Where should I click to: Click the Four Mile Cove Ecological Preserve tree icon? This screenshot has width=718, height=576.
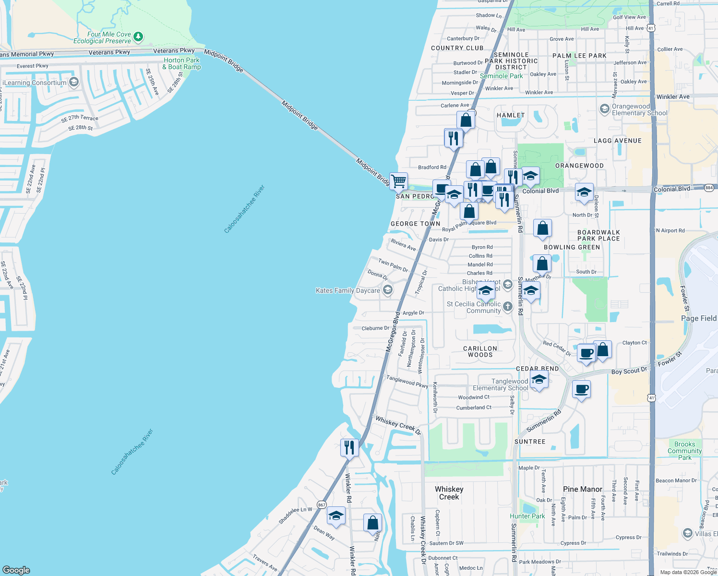pos(138,36)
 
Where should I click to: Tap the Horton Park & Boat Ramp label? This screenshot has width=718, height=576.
pos(181,63)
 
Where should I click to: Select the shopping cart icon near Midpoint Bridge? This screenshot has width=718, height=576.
pos(398,182)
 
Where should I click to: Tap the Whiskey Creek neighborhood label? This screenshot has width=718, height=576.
pos(449,493)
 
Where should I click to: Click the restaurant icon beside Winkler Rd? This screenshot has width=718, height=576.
pos(349,448)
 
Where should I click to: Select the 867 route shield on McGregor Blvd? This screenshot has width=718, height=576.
pos(322,504)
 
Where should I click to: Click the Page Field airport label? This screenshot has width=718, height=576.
pos(698,318)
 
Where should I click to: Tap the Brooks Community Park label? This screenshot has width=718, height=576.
pos(684,451)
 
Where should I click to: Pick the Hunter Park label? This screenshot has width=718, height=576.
pos(527,516)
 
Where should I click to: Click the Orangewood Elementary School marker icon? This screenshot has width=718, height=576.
pos(605,109)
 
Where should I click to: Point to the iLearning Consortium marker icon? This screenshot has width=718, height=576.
pos(74,82)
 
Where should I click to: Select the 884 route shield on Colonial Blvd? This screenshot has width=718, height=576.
pos(709,188)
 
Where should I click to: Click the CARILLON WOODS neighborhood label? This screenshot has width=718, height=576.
pos(480,351)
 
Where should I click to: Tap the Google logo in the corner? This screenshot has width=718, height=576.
pos(16,570)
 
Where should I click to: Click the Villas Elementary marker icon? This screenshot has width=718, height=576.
pos(700,533)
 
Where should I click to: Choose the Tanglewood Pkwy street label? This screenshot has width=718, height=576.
pos(407,381)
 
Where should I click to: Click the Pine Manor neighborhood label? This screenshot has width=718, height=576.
pos(582,489)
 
